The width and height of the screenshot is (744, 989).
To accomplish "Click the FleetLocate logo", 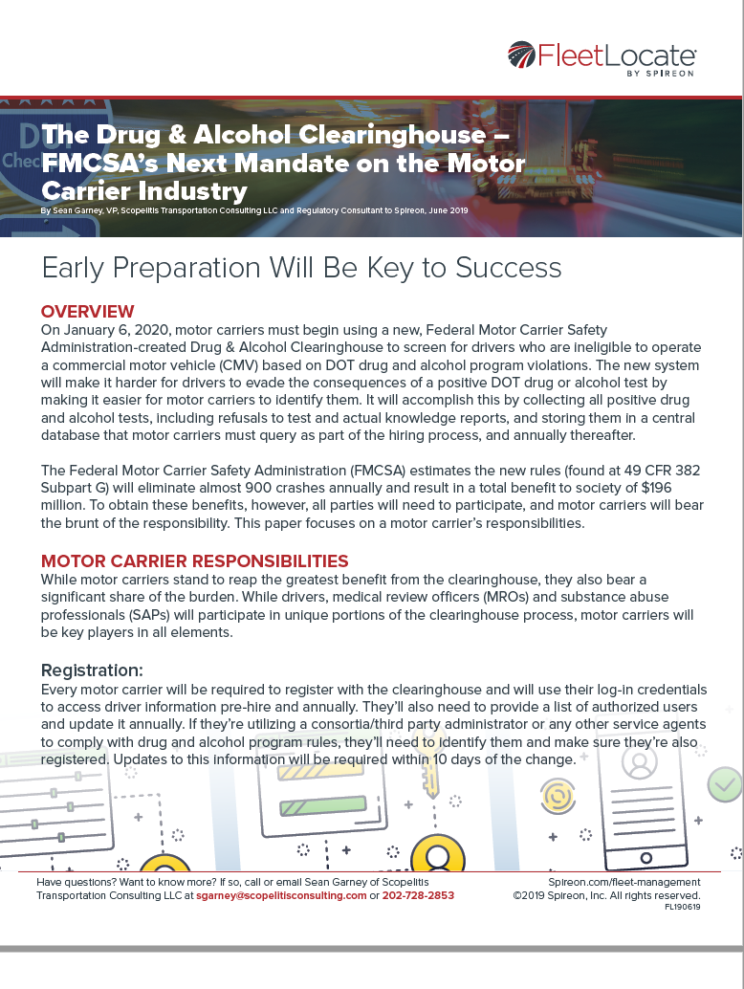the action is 602,59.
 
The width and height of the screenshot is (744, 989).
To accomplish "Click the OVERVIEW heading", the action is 88,312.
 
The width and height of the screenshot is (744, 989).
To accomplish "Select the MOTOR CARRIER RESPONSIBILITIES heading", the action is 195,561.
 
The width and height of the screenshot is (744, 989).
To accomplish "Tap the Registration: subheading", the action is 92,670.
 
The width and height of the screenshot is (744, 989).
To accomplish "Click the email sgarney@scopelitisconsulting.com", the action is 281,895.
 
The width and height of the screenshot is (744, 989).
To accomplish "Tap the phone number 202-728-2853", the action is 418,895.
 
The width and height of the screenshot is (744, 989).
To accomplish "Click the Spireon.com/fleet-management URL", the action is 624,883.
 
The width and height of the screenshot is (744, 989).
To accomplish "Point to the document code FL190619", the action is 682,907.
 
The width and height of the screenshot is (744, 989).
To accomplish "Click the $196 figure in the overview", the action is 656,488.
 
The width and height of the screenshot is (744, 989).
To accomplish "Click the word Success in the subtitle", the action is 508,268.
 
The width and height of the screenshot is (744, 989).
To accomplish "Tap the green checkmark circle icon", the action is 725,785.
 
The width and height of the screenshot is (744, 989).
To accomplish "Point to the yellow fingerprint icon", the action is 558,796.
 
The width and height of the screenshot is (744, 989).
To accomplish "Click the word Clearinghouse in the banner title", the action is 391,134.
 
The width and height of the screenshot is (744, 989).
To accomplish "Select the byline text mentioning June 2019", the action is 254,210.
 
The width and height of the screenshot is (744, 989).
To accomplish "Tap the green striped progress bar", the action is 323,804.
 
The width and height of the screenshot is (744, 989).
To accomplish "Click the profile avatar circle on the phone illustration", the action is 640,761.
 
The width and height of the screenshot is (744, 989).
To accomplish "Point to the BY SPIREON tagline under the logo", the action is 660,73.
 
